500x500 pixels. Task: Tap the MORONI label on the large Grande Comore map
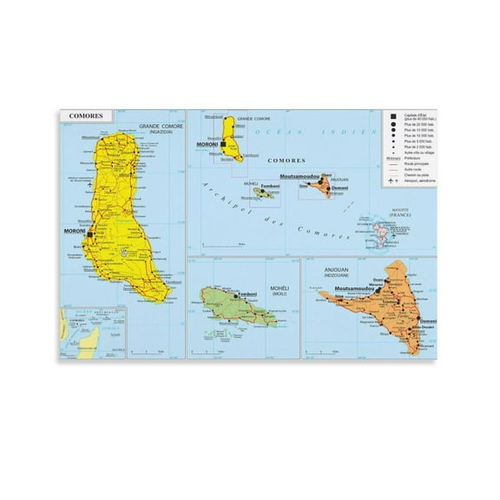click(x=75, y=232)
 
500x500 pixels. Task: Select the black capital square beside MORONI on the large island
click(x=90, y=234)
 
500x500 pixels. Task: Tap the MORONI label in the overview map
click(x=209, y=142)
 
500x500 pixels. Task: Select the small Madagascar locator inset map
click(x=91, y=332)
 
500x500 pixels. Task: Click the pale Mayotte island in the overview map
click(x=384, y=230)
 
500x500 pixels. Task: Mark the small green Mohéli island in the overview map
click(x=266, y=194)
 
